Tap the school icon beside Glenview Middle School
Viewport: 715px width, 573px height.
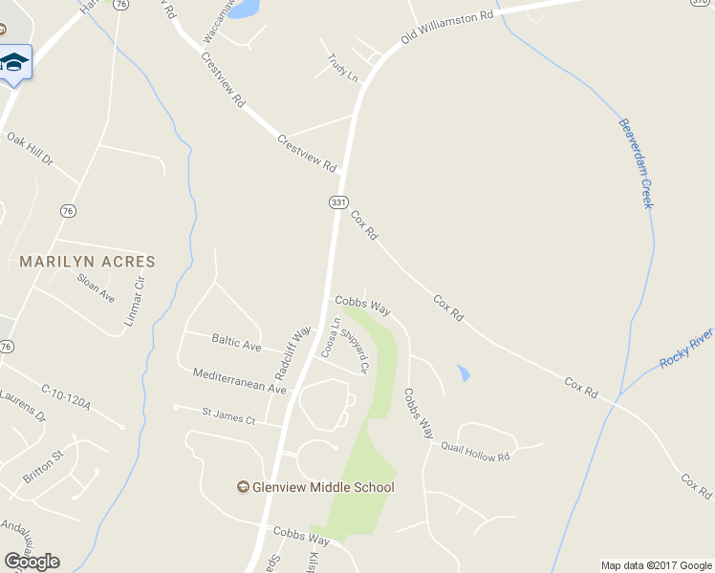[x=244, y=487]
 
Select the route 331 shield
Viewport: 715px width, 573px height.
[x=337, y=202]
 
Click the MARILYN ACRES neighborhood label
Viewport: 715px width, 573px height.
[x=87, y=261]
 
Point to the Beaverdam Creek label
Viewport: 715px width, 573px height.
[x=635, y=163]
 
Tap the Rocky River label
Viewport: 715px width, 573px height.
[x=686, y=349]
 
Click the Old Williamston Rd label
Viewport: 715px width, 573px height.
[x=447, y=29]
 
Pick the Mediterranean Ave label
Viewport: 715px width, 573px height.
[x=239, y=381]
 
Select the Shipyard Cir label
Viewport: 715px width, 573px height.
[x=355, y=350]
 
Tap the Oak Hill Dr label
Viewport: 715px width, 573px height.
[x=30, y=151]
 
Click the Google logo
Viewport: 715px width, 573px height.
[x=32, y=562]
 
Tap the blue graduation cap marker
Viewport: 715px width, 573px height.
[x=13, y=63]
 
